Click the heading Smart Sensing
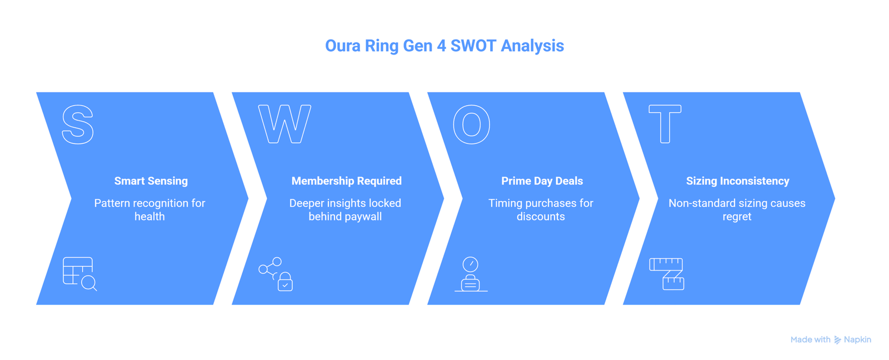pyautogui.click(x=151, y=181)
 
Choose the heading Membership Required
pyautogui.click(x=347, y=181)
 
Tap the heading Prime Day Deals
pyautogui.click(x=542, y=181)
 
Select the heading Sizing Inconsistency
pyautogui.click(x=737, y=181)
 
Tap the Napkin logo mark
pyautogui.click(x=837, y=340)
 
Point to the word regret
pyautogui.click(x=737, y=217)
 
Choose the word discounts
pyautogui.click(x=541, y=216)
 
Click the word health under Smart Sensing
pyautogui.click(x=149, y=216)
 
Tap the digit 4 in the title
pyautogui.click(x=441, y=46)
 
